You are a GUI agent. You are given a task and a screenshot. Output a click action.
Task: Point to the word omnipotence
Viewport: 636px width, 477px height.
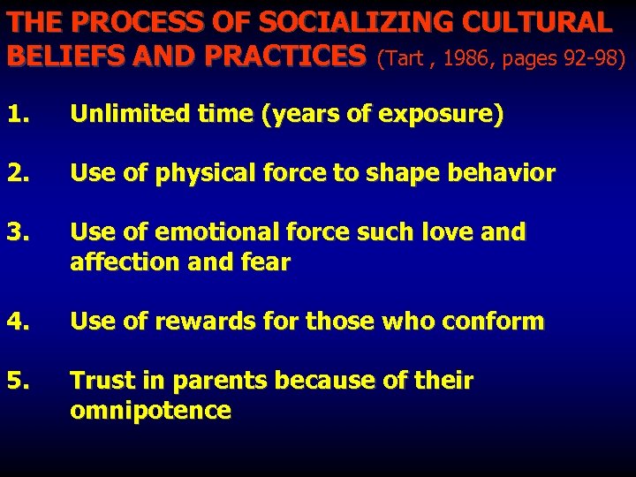(x=150, y=411)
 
